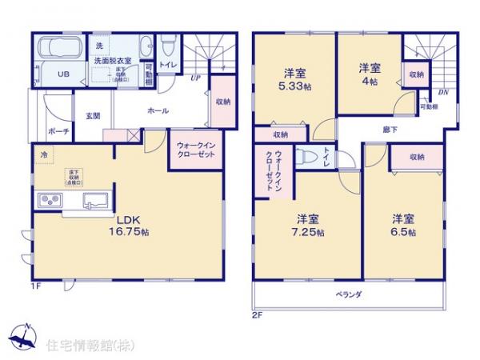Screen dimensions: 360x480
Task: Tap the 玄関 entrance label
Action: [91, 116]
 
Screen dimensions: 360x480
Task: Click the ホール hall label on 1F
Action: [158, 111]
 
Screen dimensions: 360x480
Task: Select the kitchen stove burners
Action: [47, 200]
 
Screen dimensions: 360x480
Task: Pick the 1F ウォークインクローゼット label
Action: [195, 149]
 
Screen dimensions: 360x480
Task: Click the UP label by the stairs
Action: [194, 78]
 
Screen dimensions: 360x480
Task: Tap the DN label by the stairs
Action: [444, 92]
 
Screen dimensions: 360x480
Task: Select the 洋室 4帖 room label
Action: [368, 74]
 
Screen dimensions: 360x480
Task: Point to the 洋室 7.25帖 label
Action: [307, 225]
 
